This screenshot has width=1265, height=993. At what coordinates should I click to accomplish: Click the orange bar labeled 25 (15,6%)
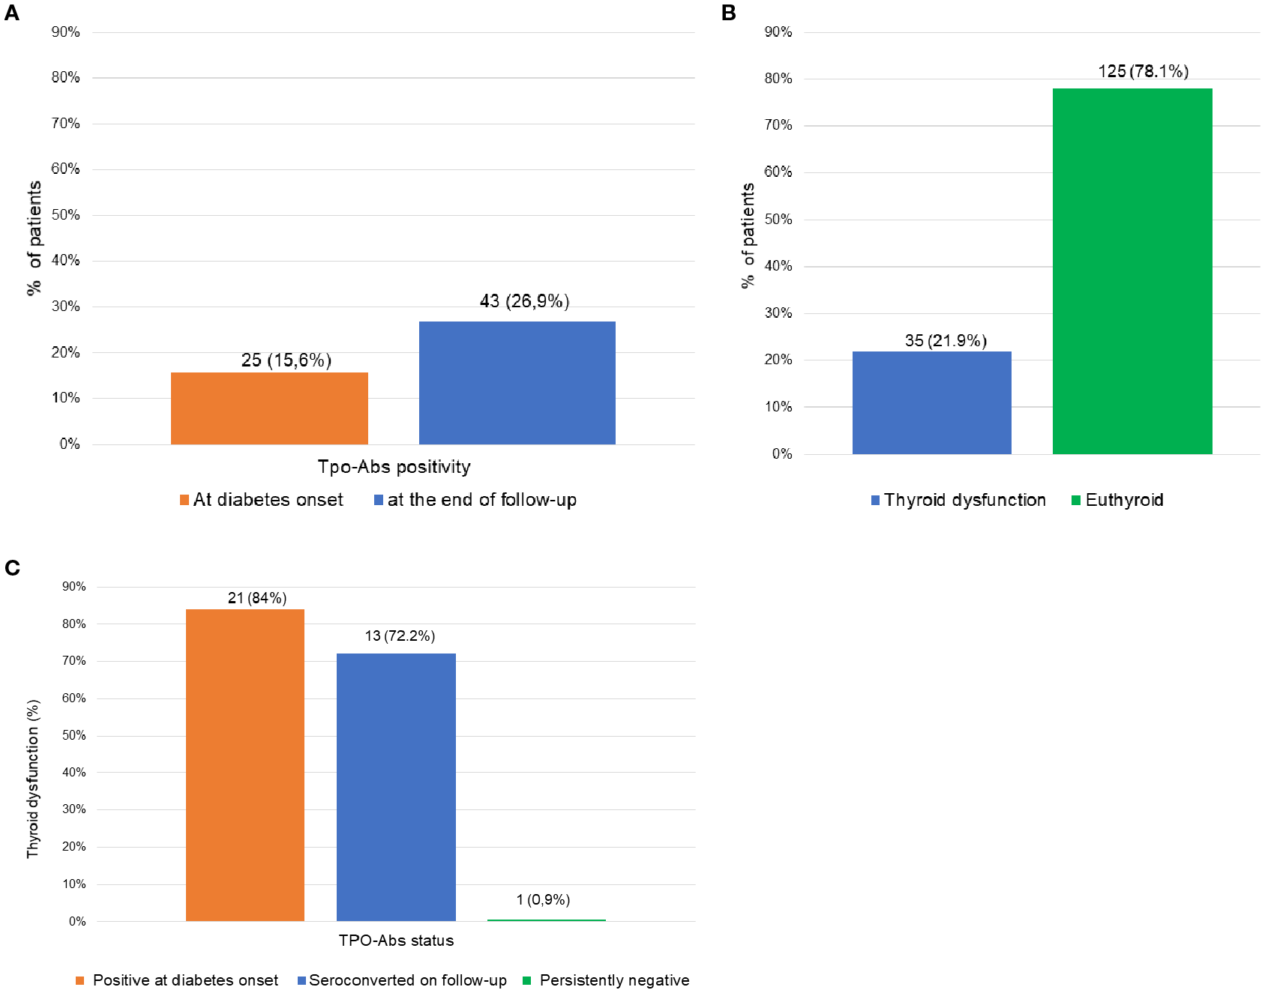point(269,408)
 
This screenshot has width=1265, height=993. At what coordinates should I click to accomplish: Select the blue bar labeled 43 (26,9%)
point(517,383)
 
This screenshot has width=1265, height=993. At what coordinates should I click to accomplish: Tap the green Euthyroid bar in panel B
point(1132,271)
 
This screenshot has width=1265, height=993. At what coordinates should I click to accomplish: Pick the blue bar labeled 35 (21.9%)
point(931,402)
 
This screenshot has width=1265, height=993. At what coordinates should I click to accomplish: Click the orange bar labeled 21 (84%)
point(245,764)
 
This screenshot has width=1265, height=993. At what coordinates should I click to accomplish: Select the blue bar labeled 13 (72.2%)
point(396,787)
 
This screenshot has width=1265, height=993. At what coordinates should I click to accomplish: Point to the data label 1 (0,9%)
point(543,899)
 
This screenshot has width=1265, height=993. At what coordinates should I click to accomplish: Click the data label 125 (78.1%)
point(1143,71)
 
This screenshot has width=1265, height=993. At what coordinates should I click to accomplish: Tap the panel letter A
point(12,13)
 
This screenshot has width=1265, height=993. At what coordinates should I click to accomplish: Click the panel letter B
point(728,13)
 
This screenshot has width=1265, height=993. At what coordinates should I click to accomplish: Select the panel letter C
point(12,567)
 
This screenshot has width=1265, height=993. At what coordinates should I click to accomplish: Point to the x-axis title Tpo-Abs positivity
point(394,467)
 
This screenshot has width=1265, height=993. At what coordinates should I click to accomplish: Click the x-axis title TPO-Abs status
point(396,941)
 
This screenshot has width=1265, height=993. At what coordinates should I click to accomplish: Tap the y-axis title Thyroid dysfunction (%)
point(32,779)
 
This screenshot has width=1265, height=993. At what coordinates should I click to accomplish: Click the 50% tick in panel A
point(65,215)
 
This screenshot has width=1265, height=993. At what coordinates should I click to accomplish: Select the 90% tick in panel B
point(778,31)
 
